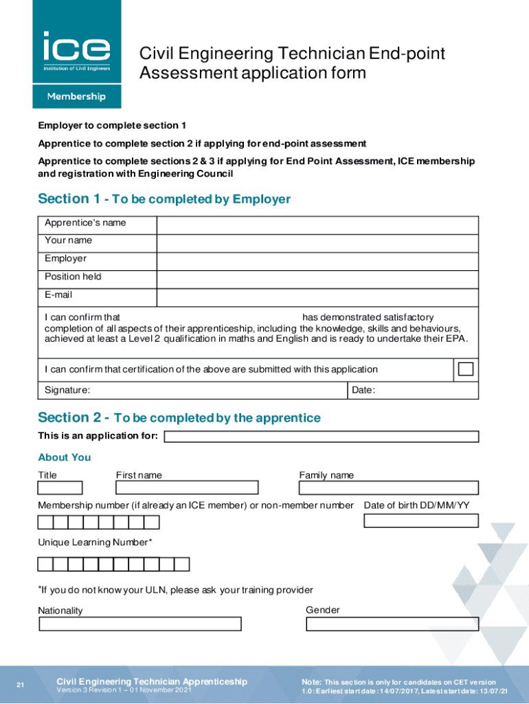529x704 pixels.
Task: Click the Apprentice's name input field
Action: point(317,225)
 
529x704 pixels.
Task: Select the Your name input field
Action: point(317,243)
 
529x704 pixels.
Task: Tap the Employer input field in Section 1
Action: point(317,261)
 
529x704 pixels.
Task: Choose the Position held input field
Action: point(317,279)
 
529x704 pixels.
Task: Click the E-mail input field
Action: point(317,297)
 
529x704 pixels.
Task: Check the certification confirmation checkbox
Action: point(466,369)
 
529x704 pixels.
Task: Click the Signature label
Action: point(67,390)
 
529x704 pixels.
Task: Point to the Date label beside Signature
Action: point(363,390)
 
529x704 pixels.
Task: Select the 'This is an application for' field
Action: point(321,437)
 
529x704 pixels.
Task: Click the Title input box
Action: point(60,488)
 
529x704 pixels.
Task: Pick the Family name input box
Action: point(388,488)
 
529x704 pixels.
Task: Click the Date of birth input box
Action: point(420,520)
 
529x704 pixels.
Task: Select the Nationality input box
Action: point(140,624)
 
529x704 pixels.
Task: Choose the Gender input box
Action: point(392,624)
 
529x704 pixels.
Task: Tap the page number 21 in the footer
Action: point(21,685)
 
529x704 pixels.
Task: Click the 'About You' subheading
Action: point(65,457)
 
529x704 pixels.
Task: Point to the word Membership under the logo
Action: point(76,97)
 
